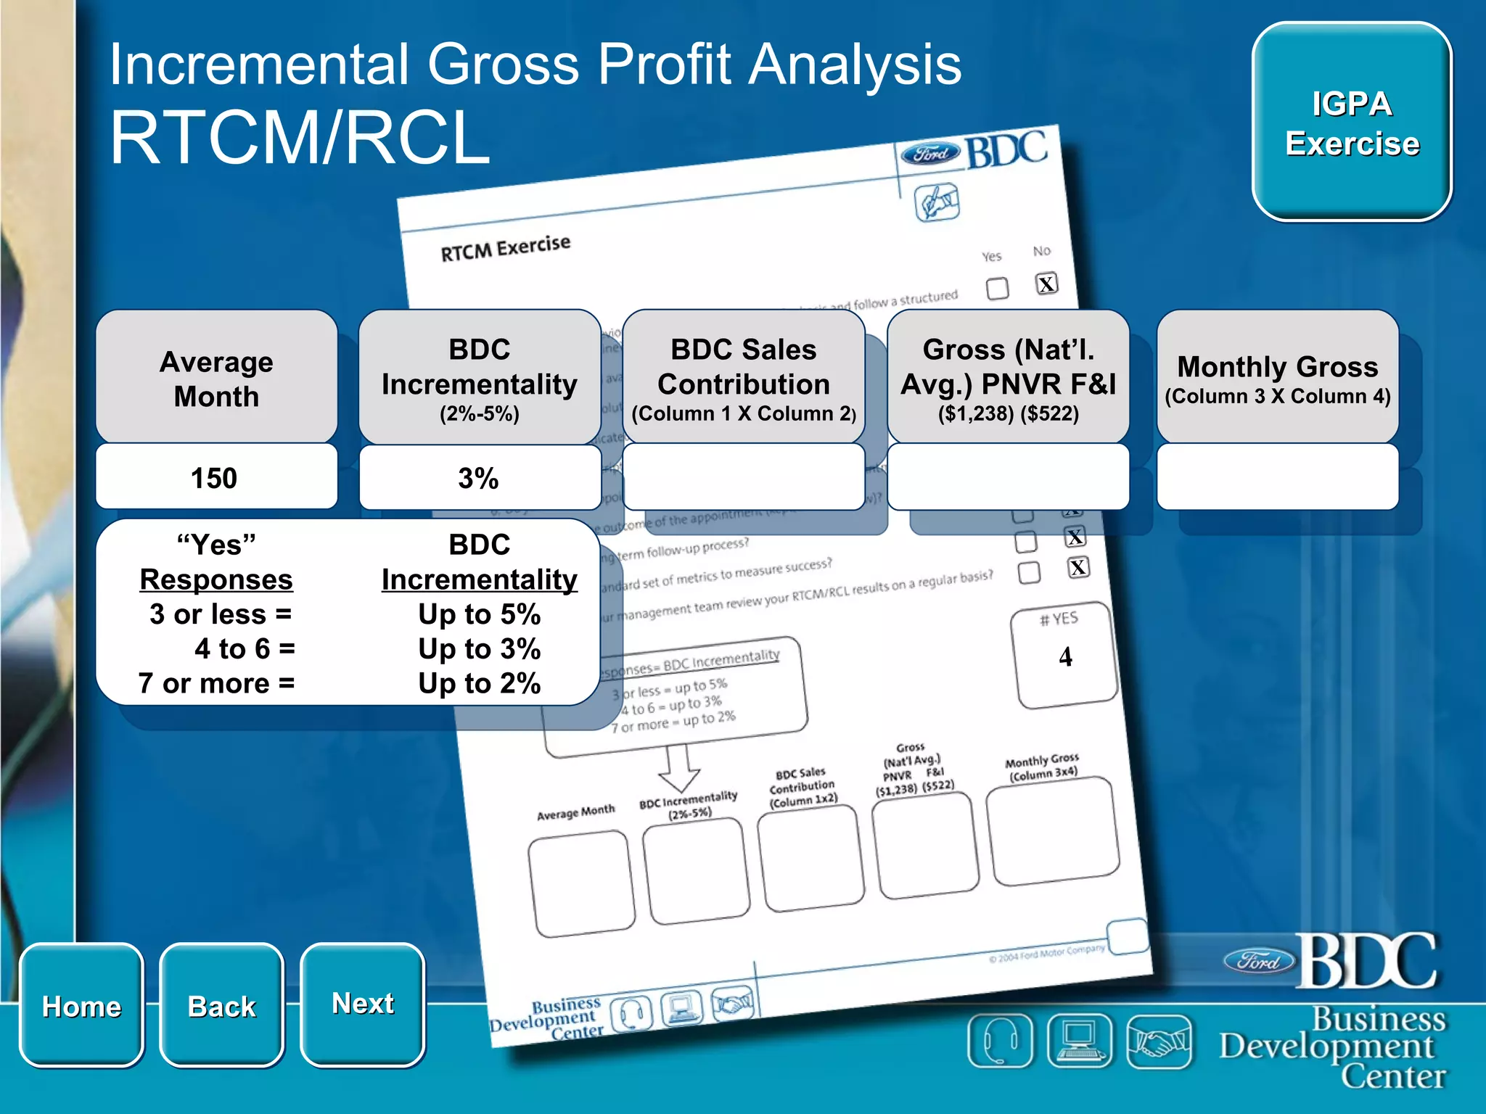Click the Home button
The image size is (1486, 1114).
(x=81, y=1005)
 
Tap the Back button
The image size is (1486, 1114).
(x=221, y=1005)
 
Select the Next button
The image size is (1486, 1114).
(x=362, y=1003)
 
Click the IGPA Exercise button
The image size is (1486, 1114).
(x=1351, y=122)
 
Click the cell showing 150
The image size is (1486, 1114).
(x=215, y=478)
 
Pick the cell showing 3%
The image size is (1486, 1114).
(x=479, y=478)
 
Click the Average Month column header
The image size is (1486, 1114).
(x=216, y=378)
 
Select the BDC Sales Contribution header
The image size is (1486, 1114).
(x=743, y=378)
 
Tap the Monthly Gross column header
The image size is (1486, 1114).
(x=1277, y=378)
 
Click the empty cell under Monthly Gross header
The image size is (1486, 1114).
(x=1277, y=477)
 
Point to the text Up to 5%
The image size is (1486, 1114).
(x=479, y=614)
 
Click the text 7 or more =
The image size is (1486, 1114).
(x=216, y=683)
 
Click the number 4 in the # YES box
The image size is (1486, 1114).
(x=1065, y=657)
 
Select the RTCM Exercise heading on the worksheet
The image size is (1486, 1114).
(x=505, y=248)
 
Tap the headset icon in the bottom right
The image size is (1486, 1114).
(x=999, y=1041)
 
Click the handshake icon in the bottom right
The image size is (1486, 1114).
(x=1158, y=1041)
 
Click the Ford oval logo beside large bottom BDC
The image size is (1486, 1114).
(x=1259, y=961)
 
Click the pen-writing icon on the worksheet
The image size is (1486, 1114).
(x=937, y=202)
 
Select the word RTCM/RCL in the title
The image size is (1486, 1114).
(x=300, y=138)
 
